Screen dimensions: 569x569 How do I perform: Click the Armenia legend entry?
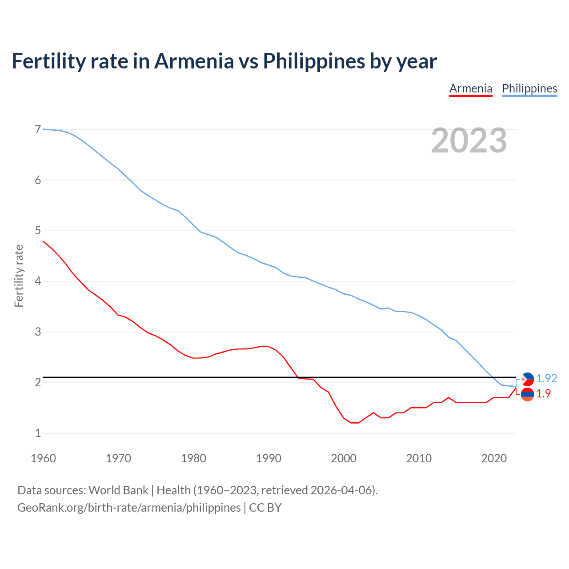[x=471, y=88]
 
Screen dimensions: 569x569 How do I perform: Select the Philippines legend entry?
[x=529, y=88]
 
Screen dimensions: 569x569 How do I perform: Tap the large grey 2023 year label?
[x=469, y=140]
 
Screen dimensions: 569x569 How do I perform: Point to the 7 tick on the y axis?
[x=38, y=129]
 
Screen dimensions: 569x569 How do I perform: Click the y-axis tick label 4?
[x=38, y=281]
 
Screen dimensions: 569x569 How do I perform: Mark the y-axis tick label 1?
[x=38, y=433]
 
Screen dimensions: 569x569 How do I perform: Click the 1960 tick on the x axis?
[x=43, y=458]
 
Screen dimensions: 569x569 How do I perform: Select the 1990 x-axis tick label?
[x=268, y=458]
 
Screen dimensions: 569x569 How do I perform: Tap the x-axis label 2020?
[x=494, y=458]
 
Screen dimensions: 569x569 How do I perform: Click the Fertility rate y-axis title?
[x=19, y=276]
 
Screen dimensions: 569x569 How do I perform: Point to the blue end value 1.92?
[x=546, y=378]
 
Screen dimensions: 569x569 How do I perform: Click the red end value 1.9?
[x=543, y=393]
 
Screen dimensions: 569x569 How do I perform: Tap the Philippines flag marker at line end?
[x=528, y=379]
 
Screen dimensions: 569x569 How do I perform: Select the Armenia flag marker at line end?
[x=528, y=394]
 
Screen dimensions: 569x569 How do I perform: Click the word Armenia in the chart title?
[x=194, y=61]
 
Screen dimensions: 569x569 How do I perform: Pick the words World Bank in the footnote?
[x=118, y=490]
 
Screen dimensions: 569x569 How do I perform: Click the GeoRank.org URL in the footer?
[x=129, y=508]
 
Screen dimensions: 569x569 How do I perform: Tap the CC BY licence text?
[x=265, y=508]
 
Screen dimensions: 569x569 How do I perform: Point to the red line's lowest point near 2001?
[x=354, y=423]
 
